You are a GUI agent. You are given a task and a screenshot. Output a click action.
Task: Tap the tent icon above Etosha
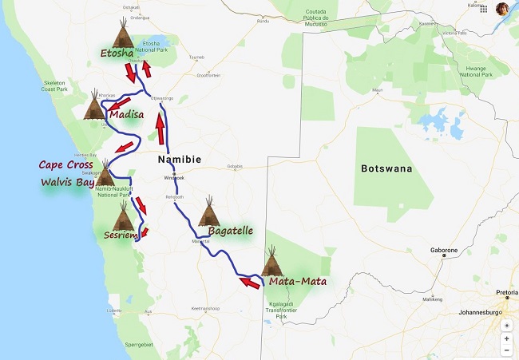tap(123, 34)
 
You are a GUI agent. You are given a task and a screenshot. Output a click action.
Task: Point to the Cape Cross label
tap(66, 165)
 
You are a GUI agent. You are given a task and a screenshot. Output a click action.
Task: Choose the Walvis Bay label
tap(67, 181)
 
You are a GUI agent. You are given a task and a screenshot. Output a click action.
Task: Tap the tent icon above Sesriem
tap(123, 216)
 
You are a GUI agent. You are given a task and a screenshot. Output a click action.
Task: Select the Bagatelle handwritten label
tap(230, 231)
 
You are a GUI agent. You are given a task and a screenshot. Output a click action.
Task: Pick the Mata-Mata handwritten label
tap(297, 280)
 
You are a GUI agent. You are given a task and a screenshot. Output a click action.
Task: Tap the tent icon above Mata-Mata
tap(273, 261)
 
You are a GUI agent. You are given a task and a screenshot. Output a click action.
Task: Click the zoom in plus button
tap(506, 338)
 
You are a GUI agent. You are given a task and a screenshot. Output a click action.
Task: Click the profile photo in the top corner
tap(502, 9)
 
